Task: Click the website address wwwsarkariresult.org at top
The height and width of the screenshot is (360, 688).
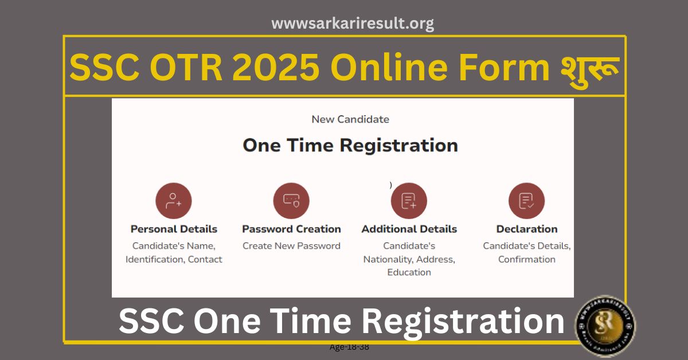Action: point(352,24)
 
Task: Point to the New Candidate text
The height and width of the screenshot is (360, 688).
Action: point(350,119)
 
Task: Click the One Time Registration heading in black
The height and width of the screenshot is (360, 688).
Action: point(350,145)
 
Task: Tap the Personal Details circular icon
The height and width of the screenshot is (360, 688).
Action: point(173,201)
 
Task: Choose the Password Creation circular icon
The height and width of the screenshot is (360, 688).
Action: point(291,201)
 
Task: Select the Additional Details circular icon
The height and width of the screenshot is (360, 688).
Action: point(409,201)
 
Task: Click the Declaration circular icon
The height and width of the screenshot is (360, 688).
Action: point(526,201)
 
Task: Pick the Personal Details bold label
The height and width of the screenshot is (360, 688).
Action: point(174,229)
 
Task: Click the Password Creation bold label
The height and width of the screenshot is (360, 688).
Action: point(291,229)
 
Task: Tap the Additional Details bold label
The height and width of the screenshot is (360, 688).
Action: point(409,229)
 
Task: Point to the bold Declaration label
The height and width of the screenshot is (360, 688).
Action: point(526,229)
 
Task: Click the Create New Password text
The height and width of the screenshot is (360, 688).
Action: point(291,246)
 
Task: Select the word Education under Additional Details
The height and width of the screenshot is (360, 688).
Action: point(409,272)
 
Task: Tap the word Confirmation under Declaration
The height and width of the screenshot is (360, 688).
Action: point(526,259)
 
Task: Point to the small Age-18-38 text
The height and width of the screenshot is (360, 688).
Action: point(349,347)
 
